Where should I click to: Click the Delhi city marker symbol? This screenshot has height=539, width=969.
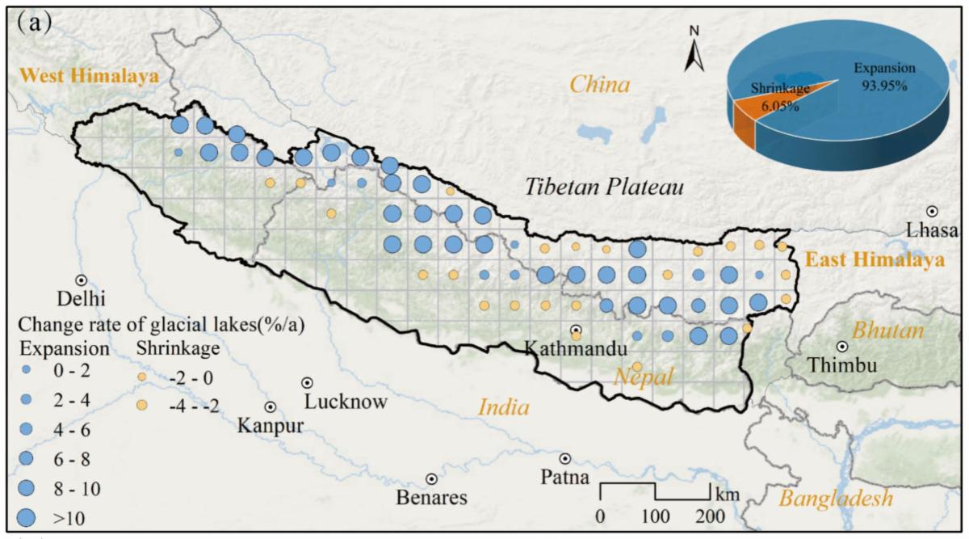[81, 280]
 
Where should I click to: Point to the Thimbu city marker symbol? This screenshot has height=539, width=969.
[842, 346]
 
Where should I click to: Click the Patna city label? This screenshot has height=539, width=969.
[565, 477]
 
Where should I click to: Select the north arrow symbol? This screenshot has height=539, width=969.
[693, 53]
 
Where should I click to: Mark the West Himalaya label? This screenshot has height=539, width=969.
[89, 76]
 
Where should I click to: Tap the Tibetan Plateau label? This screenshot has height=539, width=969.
[605, 187]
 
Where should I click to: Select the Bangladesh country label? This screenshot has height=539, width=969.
[835, 498]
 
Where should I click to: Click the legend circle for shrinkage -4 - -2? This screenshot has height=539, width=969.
[142, 404]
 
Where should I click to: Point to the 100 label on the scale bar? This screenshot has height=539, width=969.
[655, 516]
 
